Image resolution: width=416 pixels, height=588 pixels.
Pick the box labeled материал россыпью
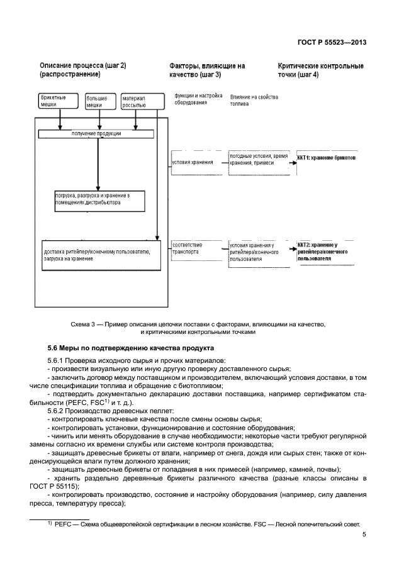click(x=137, y=102)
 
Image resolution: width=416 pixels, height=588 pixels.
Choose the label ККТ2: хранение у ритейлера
click(x=323, y=250)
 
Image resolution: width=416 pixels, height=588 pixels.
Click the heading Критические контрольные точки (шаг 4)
click(x=320, y=70)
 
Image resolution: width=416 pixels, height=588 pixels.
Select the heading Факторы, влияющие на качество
click(x=207, y=70)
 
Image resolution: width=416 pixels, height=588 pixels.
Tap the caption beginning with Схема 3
click(x=198, y=328)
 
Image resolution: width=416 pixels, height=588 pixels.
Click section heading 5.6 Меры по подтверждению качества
click(x=131, y=348)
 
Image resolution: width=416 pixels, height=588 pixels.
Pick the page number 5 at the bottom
click(x=364, y=535)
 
